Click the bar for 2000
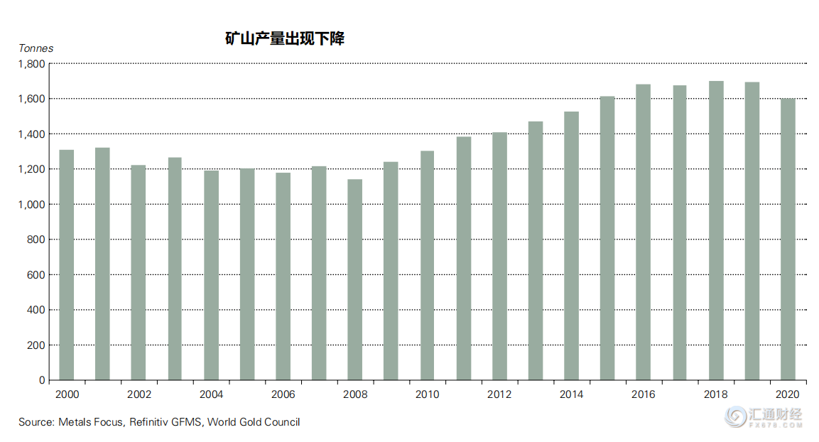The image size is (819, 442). tap(67, 264)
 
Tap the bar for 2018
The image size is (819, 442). tap(716, 230)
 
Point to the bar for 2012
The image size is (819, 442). tap(499, 256)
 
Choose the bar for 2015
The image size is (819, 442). tap(607, 238)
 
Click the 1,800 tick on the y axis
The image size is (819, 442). tap(33, 64)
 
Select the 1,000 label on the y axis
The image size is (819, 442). tap(33, 205)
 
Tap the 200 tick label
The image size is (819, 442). tap(37, 345)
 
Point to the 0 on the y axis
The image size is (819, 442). tap(42, 381)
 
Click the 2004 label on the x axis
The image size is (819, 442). tap(211, 394)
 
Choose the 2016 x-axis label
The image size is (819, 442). tap(643, 394)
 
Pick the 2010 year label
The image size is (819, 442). tap(427, 394)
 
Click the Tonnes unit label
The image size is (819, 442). tap(36, 48)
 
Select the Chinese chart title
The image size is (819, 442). tap(285, 39)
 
